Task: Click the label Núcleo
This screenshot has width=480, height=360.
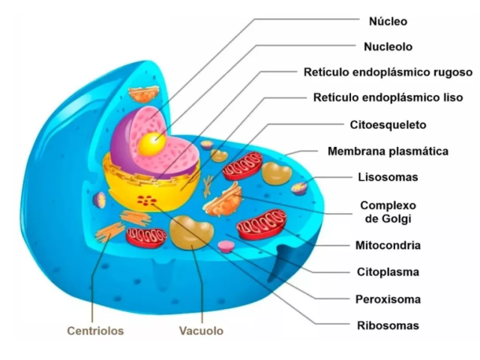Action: click(388, 22)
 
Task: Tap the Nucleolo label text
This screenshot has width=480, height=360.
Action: click(388, 46)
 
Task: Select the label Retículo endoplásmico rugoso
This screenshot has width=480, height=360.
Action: click(388, 72)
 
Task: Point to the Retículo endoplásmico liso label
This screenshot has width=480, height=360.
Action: click(388, 97)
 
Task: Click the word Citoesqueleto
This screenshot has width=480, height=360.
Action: click(388, 125)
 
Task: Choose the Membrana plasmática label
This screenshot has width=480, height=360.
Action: click(388, 151)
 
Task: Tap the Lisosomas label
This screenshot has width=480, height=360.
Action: click(388, 177)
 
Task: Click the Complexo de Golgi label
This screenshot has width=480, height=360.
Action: click(388, 212)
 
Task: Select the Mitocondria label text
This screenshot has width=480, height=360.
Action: click(388, 245)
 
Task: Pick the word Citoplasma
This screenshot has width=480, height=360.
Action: click(388, 272)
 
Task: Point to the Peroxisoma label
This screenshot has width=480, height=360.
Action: click(388, 299)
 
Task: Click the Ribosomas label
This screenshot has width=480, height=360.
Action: click(388, 325)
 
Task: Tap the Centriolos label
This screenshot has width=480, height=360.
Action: click(95, 331)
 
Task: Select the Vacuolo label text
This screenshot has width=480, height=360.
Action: click(201, 331)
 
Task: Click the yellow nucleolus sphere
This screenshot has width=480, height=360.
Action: click(151, 145)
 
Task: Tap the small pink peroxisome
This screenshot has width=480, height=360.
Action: click(226, 247)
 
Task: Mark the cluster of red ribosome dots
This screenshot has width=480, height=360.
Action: click(147, 200)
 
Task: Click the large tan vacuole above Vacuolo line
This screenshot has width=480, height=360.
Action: click(192, 232)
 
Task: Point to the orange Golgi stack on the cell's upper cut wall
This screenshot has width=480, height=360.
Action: click(143, 94)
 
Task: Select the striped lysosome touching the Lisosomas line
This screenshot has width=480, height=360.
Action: click(299, 188)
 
